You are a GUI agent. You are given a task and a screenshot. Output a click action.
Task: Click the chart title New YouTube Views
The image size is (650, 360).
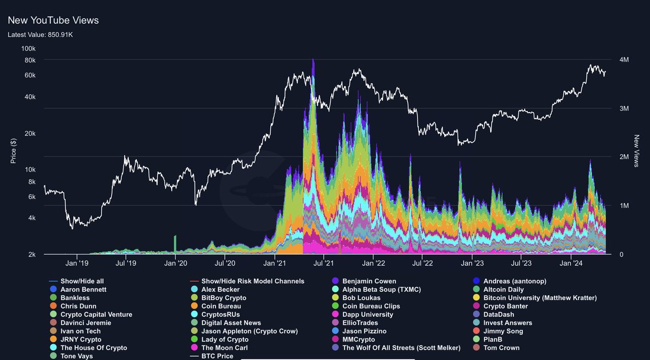coord(53,20)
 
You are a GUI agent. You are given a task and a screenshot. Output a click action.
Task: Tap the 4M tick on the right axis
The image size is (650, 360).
coord(624,60)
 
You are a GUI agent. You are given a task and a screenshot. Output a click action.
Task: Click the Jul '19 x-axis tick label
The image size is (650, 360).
coord(126,264)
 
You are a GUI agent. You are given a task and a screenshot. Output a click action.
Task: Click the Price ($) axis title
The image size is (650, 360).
coord(14,150)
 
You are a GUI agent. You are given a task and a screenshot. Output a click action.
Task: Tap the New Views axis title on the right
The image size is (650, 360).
coord(637,151)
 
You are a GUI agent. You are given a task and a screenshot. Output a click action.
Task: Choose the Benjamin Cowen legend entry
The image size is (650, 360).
coord(369,282)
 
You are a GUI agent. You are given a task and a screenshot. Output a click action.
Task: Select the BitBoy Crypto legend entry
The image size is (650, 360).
coord(223,298)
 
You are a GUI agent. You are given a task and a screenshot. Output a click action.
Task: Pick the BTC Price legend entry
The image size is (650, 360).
coord(217,356)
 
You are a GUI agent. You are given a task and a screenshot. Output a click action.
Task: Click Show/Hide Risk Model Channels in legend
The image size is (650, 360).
coord(252,282)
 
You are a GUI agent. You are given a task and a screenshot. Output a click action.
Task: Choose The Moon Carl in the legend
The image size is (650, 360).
coord(224,348)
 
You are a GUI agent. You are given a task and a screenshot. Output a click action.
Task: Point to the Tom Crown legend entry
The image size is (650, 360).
coord(501,348)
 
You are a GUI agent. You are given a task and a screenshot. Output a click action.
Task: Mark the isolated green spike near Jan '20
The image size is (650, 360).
coord(175,244)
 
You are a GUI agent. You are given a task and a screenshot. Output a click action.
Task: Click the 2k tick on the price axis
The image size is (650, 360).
coord(31,254)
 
